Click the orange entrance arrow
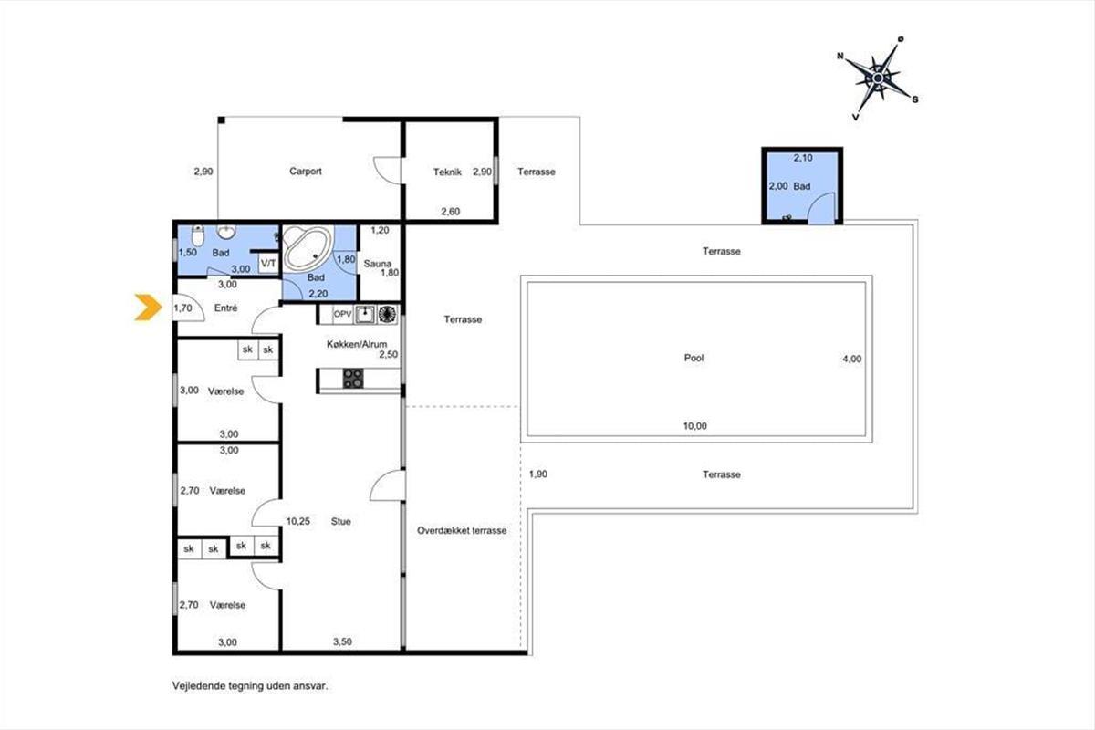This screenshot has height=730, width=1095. [148, 308]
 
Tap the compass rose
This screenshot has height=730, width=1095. [879, 78]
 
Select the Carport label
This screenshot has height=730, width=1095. [306, 172]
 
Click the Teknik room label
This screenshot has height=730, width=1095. [447, 172]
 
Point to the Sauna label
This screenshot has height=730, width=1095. [378, 264]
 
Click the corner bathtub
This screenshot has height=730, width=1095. [308, 248]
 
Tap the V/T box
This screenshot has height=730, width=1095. [268, 264]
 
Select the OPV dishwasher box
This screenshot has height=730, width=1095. [342, 314]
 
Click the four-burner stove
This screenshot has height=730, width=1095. [353, 379]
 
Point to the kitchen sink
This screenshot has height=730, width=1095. [365, 315]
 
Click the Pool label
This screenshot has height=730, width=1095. [693, 358]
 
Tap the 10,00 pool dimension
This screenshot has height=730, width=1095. [694, 426]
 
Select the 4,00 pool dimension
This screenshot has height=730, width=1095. [852, 359]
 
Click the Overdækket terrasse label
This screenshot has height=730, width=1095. [462, 530]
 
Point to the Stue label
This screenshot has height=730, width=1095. [340, 522]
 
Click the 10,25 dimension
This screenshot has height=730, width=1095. [298, 522]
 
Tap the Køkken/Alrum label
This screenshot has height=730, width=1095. [357, 344]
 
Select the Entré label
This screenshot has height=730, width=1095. [226, 308]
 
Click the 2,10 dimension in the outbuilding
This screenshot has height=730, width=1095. [803, 158]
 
